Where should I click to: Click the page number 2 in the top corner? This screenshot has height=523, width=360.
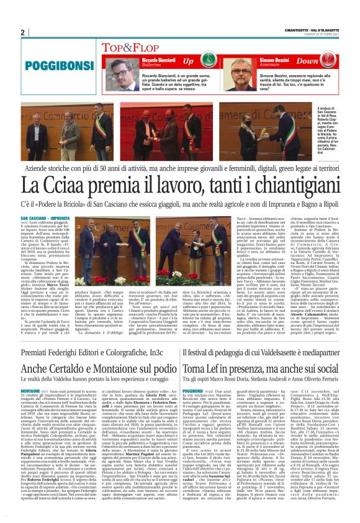point(22,33)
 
